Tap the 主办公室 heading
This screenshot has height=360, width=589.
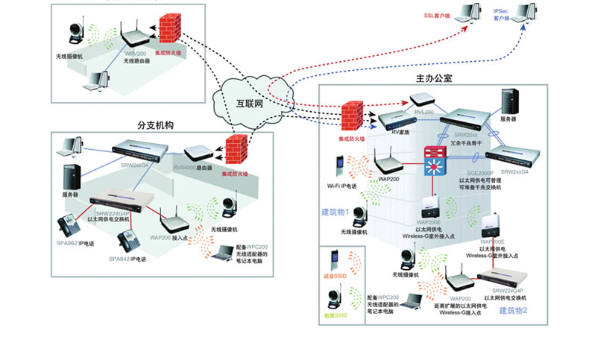[x=434, y=78]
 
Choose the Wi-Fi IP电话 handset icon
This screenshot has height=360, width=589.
[x=339, y=168]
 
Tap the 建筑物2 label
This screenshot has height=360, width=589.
[x=513, y=310]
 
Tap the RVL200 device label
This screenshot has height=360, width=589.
[x=424, y=112]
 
